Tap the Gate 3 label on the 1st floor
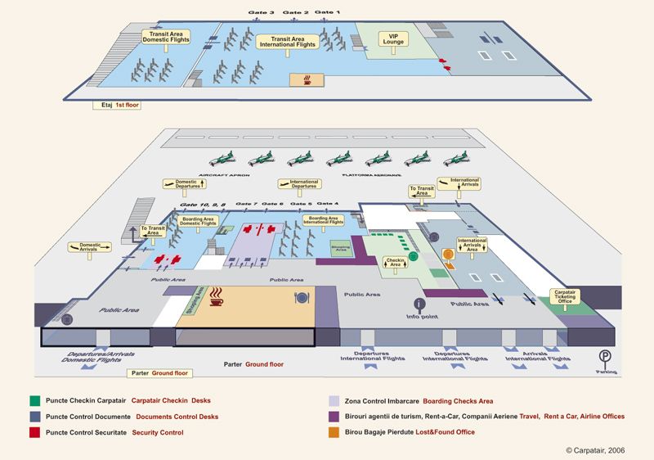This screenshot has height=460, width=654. (x=262, y=13)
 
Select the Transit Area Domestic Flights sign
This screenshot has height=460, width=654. (x=166, y=37)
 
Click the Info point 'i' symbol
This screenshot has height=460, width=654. (x=420, y=304)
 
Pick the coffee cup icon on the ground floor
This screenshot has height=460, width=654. (x=217, y=295)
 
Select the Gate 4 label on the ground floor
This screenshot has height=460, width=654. (x=328, y=203)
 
